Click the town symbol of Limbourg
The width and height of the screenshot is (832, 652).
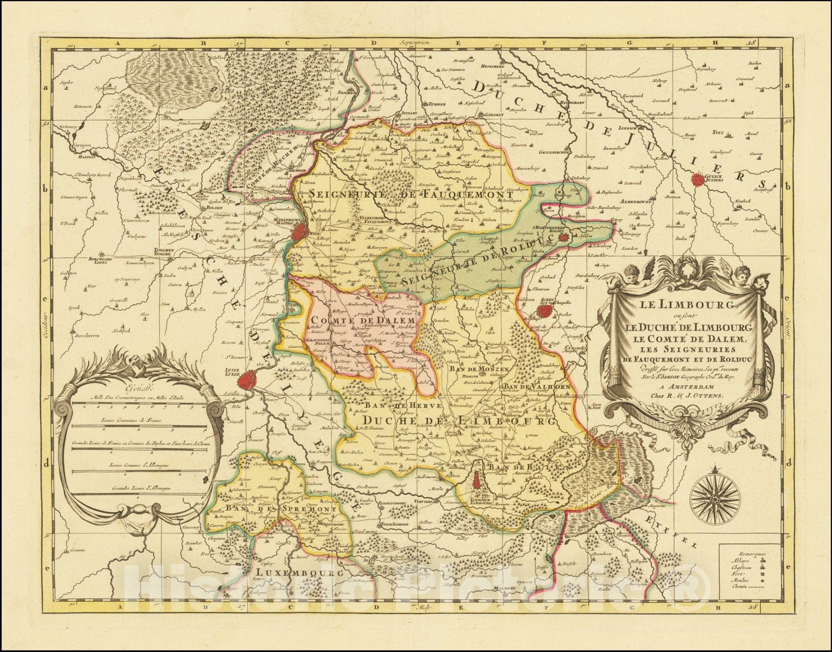(477, 483)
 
